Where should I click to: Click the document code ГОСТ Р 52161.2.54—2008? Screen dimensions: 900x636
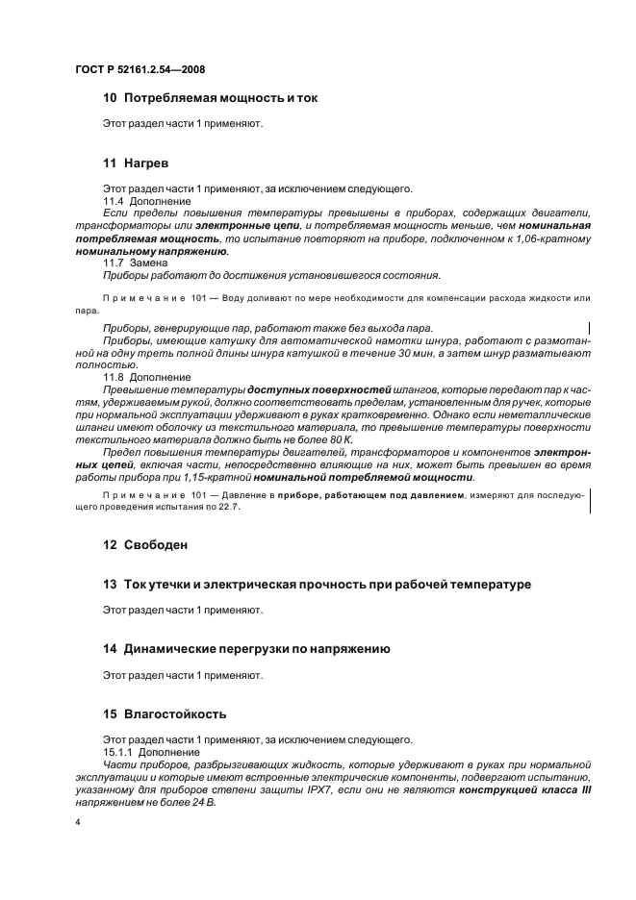coord(140,69)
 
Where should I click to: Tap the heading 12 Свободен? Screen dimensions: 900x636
coord(147,544)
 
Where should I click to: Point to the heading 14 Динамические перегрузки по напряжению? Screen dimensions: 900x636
coord(246,649)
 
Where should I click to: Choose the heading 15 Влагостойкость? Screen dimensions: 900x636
coord(165,714)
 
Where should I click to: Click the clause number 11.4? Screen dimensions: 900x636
coord(114,201)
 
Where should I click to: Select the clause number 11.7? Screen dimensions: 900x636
coord(114,262)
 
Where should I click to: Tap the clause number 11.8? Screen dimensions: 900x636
coord(114,377)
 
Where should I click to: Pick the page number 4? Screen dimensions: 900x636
coord(78,823)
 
